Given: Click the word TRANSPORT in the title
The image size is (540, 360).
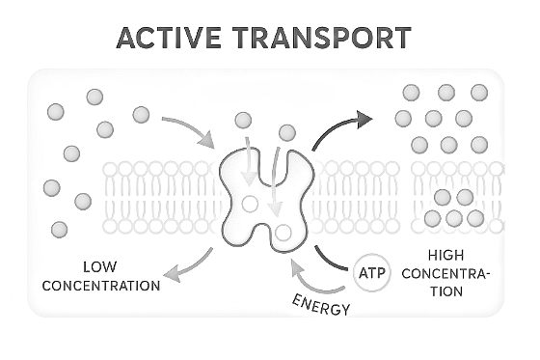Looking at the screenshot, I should tap(323, 39).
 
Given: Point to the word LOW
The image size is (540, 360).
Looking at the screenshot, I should tap(99, 266).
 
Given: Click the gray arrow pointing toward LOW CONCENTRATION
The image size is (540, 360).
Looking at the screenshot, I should tap(189, 268).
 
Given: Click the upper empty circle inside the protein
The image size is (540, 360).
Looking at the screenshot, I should tap(250, 204).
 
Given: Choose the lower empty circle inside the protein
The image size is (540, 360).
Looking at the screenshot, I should tap(283, 233).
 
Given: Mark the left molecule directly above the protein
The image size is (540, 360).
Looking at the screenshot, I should tap(243, 121).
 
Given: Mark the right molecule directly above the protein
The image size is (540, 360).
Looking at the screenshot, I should tap(287, 131).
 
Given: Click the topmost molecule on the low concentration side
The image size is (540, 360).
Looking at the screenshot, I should tap(94, 97).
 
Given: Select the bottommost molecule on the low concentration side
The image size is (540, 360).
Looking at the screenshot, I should tap(60, 229).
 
